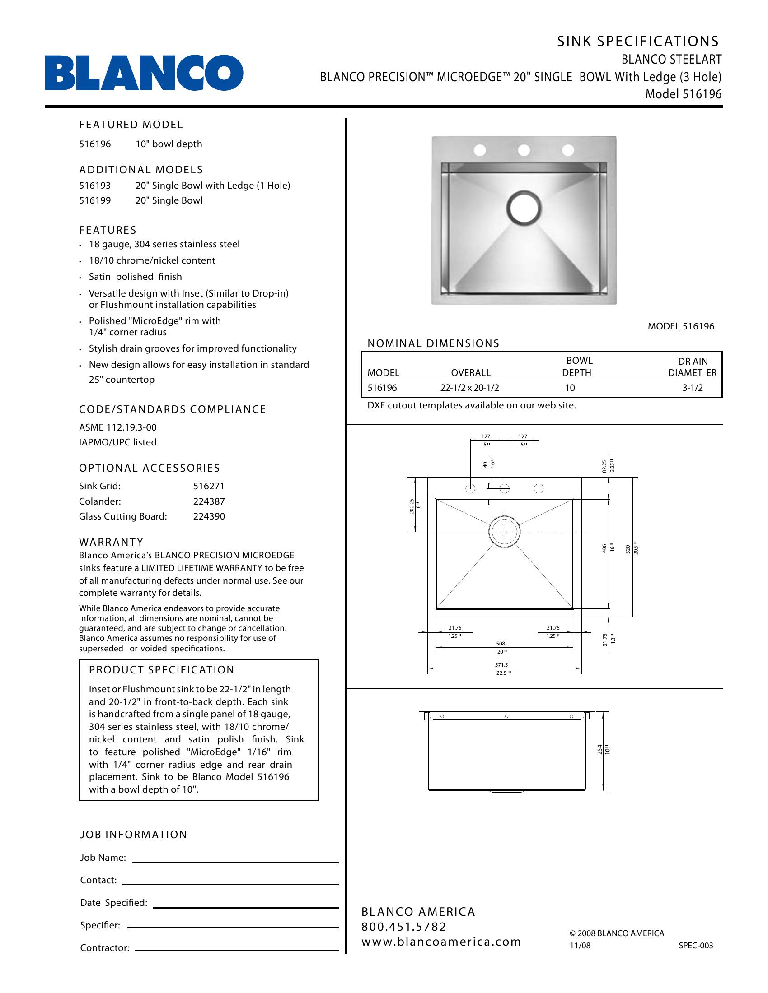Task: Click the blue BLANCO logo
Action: click(144, 73)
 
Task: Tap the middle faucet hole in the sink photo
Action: click(524, 149)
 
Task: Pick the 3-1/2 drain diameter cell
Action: click(692, 388)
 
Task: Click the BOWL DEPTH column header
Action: click(576, 367)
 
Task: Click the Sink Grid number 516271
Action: click(209, 486)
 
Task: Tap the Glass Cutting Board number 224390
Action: click(209, 516)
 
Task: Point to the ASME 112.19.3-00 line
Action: click(118, 427)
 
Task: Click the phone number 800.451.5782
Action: click(403, 927)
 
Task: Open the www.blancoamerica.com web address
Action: click(441, 942)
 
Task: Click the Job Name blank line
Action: click(235, 862)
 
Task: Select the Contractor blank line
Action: click(237, 950)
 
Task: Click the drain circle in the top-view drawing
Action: click(504, 532)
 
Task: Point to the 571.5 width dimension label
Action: click(501, 665)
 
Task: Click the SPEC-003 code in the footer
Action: click(696, 946)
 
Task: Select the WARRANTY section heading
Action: click(112, 542)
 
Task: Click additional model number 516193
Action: click(94, 186)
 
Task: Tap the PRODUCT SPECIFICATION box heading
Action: click(162, 670)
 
